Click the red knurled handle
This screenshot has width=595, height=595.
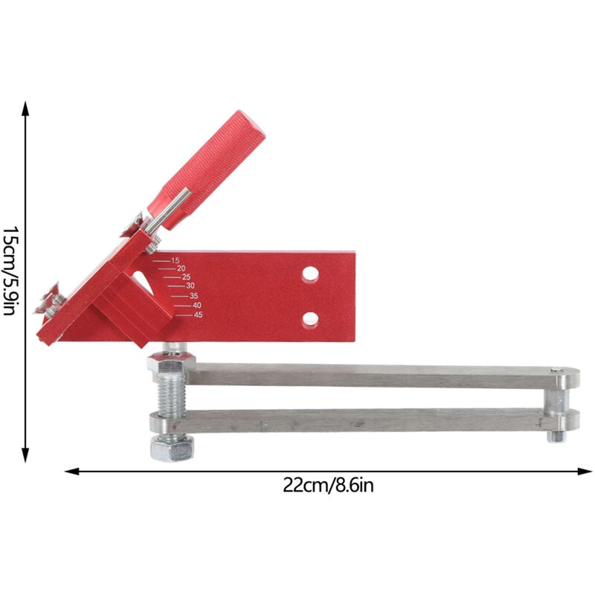click(x=207, y=170)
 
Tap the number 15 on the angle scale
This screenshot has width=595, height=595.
click(x=175, y=261)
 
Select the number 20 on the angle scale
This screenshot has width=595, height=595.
click(x=181, y=268)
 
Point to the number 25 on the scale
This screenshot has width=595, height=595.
click(x=186, y=277)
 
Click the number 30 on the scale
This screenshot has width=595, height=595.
click(x=190, y=286)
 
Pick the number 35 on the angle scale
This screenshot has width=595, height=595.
click(x=193, y=296)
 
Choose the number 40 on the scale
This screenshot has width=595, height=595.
click(x=197, y=306)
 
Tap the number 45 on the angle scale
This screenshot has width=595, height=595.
click(x=198, y=315)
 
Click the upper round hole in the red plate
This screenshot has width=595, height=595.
click(x=310, y=274)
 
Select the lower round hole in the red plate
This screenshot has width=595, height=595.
click(x=310, y=320)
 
